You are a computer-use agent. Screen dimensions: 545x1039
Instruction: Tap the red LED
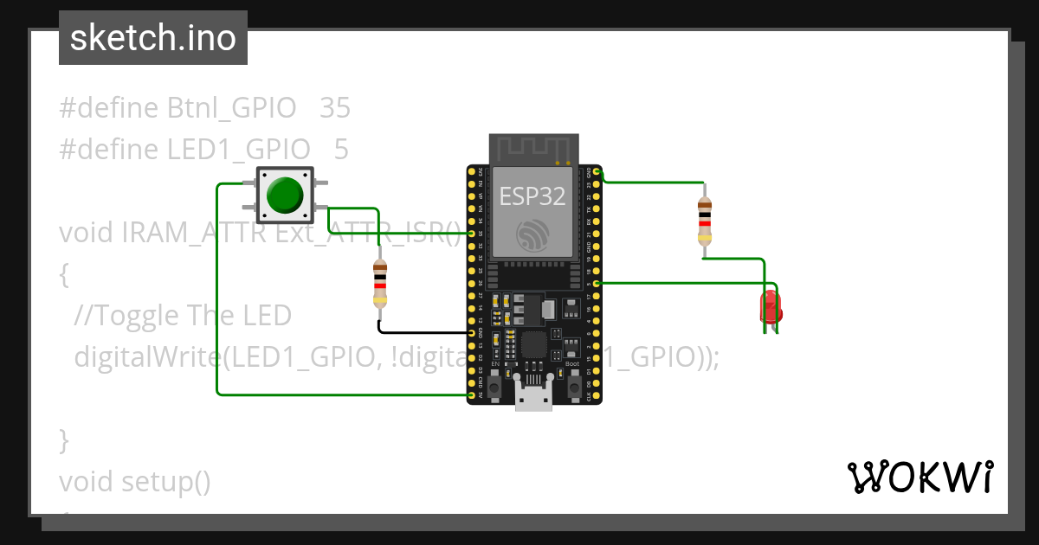pos(769,307)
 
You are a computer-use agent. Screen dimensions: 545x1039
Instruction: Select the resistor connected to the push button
pos(379,283)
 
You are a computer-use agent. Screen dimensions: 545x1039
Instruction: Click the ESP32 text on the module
pos(532,196)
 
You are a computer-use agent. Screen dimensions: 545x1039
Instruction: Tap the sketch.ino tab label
pos(153,38)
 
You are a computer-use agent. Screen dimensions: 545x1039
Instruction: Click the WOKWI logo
pos(920,477)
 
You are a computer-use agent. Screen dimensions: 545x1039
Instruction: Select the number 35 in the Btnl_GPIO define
pos(335,108)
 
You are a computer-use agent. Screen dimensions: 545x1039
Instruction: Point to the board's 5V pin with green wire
pos(472,394)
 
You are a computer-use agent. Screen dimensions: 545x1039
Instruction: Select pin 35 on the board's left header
pos(472,234)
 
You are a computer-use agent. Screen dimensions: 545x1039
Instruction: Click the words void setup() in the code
pos(135,481)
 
